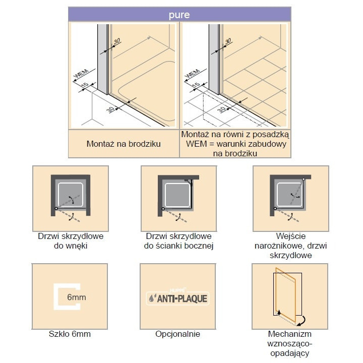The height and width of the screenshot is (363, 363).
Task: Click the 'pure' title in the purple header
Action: point(179,15)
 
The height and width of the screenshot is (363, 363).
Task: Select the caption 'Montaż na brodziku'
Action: point(124,144)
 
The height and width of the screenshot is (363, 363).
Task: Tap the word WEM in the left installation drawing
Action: point(81,74)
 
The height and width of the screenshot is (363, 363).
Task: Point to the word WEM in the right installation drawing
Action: point(192,74)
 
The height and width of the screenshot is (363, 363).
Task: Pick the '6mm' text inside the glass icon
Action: point(76,297)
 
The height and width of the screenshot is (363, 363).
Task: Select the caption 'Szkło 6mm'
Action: point(70,334)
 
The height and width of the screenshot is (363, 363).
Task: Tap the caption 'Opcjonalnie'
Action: point(178,334)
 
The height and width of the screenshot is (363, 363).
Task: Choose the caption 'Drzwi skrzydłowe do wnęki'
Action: point(70,241)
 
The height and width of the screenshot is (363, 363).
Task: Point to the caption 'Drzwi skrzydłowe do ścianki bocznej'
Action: point(179,241)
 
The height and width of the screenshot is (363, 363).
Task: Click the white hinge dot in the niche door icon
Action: point(55,208)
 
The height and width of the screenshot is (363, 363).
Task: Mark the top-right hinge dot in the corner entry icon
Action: point(304,179)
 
